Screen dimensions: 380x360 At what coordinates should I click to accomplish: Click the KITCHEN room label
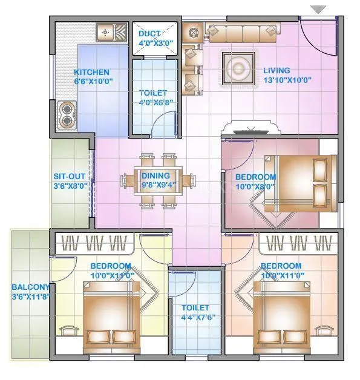pyautogui.click(x=92, y=71)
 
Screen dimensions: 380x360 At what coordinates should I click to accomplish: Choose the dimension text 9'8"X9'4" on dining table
pyautogui.click(x=159, y=186)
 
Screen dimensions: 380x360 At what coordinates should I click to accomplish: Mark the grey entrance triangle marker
pyautogui.click(x=318, y=9)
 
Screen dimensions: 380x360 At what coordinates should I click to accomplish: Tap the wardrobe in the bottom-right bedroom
pyautogui.click(x=296, y=244)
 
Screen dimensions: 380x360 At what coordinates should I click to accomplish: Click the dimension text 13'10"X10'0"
pyautogui.click(x=287, y=80)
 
